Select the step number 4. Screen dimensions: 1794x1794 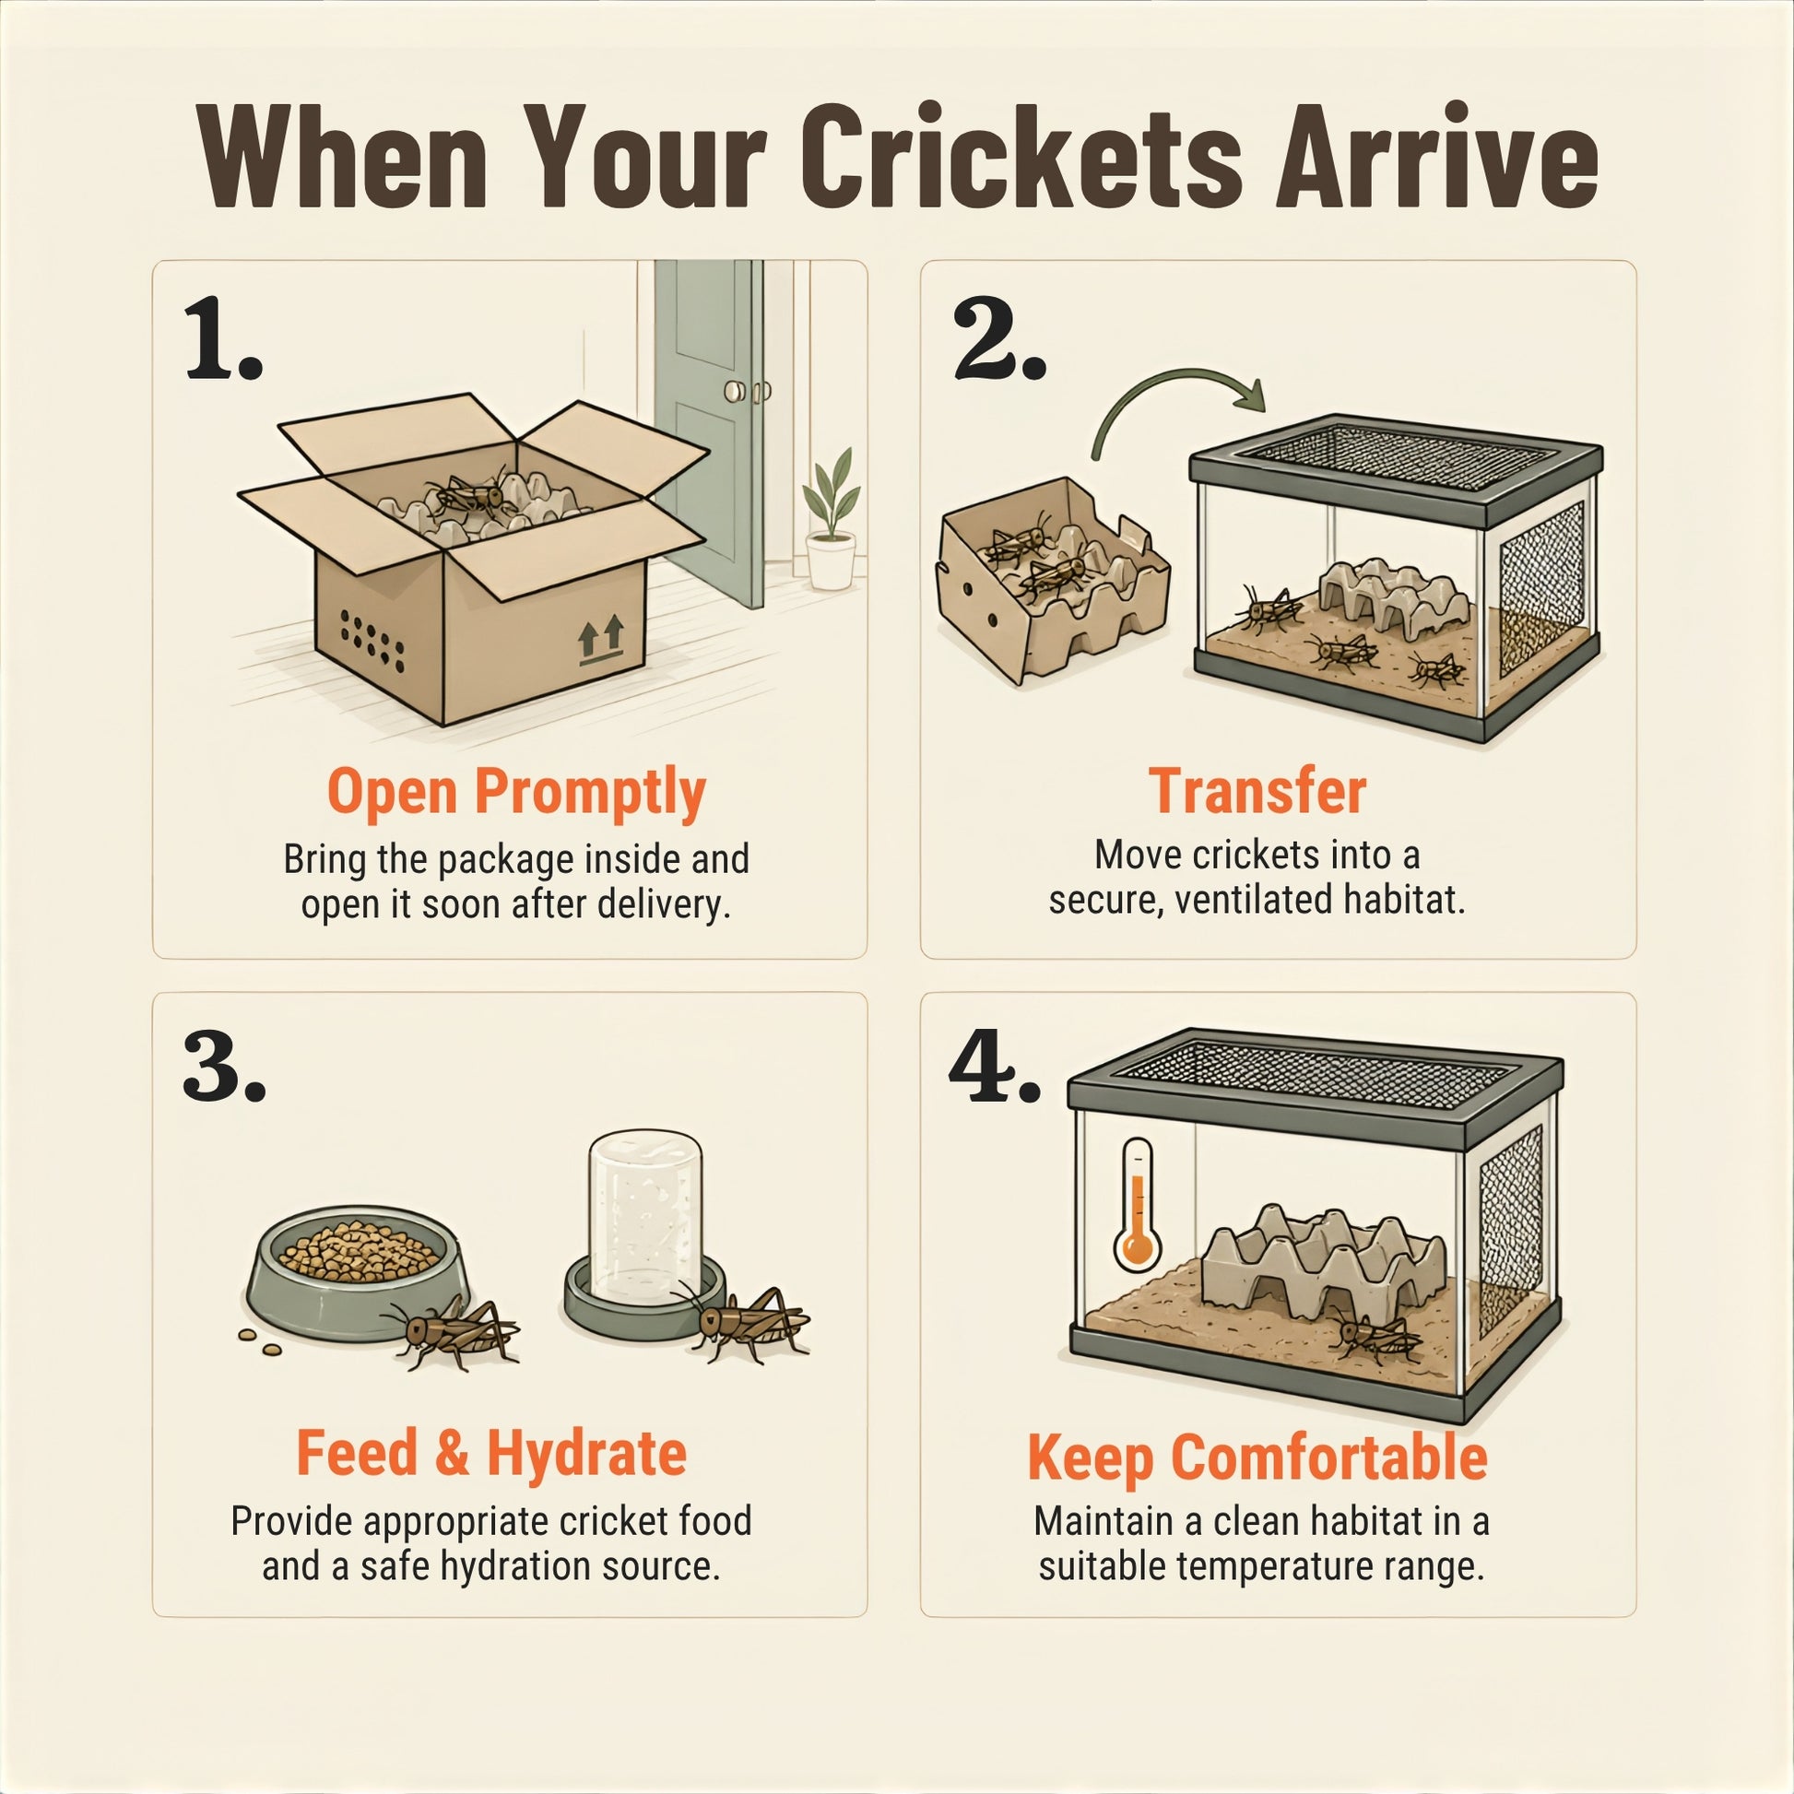[x=994, y=1073]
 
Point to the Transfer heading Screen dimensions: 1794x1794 [x=1257, y=791]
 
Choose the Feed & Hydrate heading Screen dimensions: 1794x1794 [x=491, y=1453]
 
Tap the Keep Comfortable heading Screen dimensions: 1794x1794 [x=1257, y=1458]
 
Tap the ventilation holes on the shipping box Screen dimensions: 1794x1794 [x=372, y=640]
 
